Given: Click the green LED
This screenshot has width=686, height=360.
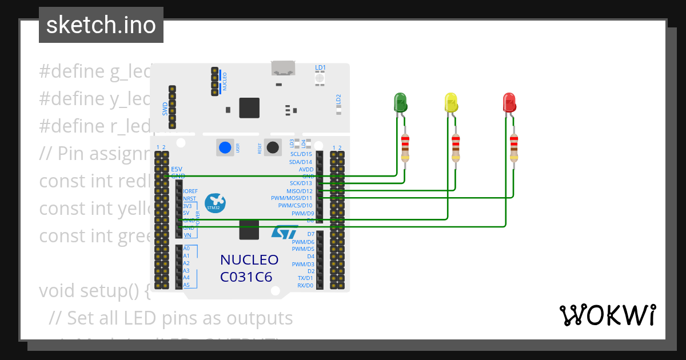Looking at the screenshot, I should (400, 103).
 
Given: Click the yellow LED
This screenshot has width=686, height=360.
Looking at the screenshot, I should (451, 103).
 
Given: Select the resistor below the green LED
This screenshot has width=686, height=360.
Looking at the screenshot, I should (405, 147).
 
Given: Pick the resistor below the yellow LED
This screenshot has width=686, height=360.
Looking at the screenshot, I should (456, 147).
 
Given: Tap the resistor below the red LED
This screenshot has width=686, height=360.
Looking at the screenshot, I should (514, 147).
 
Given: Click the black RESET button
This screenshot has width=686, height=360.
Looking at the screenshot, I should (273, 147).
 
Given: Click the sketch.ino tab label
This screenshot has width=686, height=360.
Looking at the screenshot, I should (101, 25).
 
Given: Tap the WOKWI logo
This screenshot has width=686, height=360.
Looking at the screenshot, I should (607, 315).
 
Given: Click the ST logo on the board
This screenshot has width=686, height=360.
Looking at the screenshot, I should (284, 232).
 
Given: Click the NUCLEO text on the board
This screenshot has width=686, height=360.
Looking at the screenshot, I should (249, 260).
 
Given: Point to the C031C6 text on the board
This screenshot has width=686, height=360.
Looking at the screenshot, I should (246, 277).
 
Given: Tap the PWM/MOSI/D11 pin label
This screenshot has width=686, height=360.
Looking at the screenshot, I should (292, 198).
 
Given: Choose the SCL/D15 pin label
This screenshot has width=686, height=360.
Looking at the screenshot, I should (301, 154).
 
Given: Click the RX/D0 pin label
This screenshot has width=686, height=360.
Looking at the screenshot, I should (305, 285).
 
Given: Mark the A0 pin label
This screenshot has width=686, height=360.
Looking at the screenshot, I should (186, 249).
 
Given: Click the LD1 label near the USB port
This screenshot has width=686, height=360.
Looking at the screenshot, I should (320, 67).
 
